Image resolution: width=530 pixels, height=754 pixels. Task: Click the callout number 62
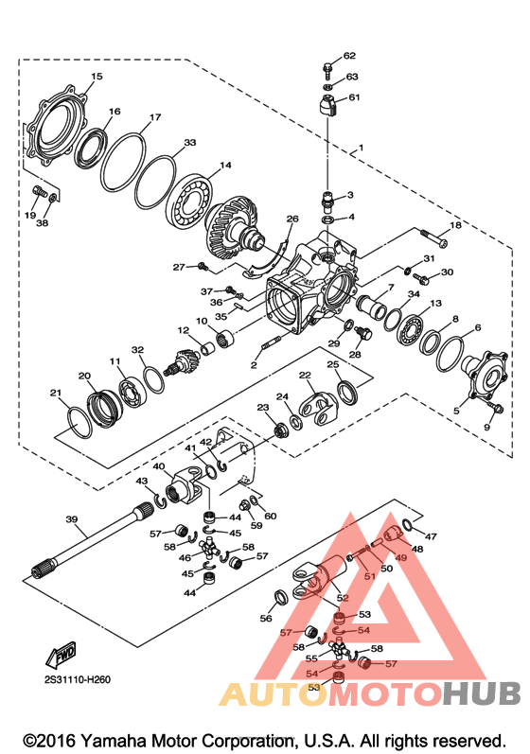[349, 56]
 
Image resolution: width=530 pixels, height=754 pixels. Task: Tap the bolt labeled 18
[434, 237]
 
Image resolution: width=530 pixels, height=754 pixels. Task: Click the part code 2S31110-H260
[77, 679]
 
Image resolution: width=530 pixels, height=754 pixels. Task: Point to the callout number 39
[72, 519]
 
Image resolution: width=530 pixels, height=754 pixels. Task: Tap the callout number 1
[361, 148]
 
